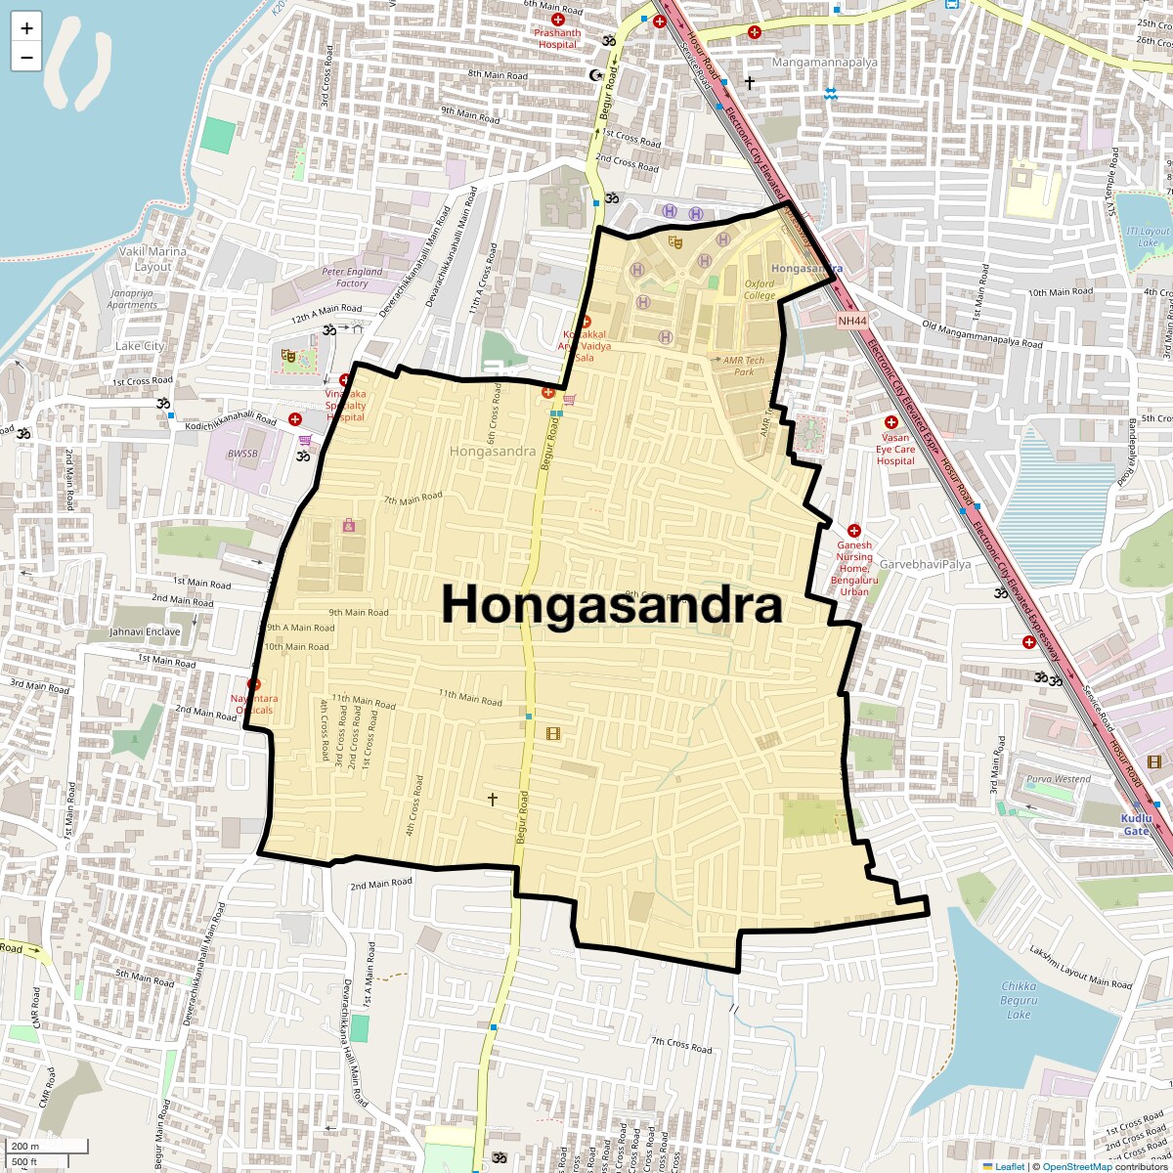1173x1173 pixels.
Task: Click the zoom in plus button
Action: [x=26, y=27]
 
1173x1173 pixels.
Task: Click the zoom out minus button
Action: [x=26, y=57]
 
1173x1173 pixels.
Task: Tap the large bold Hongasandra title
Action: [x=612, y=605]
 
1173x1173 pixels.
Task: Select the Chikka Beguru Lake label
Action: [x=1019, y=1000]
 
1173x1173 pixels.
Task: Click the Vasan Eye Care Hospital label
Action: [x=895, y=449]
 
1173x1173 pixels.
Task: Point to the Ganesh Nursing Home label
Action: [x=854, y=568]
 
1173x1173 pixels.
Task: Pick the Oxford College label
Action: [x=760, y=290]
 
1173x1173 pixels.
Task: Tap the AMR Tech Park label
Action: [x=744, y=366]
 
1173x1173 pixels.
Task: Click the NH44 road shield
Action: [x=851, y=321]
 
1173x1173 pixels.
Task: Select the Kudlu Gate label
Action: [x=1136, y=824]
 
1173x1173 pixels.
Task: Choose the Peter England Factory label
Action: [x=352, y=278]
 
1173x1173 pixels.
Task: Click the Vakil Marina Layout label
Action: [x=152, y=259]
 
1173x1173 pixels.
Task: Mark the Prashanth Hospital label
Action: [x=557, y=38]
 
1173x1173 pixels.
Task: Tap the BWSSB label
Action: [x=242, y=454]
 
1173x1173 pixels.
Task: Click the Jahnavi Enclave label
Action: [x=145, y=631]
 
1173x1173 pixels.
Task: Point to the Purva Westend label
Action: [x=1059, y=779]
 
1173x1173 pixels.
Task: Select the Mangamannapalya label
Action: [x=824, y=63]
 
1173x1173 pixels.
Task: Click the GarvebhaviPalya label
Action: [x=925, y=565]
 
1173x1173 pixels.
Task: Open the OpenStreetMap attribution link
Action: [x=1076, y=1166]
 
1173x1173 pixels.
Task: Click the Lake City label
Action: [x=140, y=346]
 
